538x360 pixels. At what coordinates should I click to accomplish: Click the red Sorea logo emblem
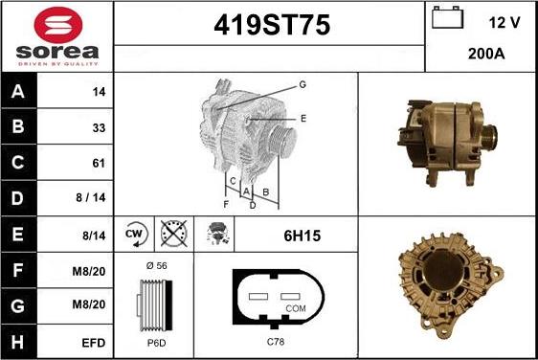tap(58, 26)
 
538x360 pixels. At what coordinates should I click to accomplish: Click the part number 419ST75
tap(272, 25)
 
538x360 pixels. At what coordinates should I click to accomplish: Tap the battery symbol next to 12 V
tap(447, 17)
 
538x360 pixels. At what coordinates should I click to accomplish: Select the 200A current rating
tap(486, 54)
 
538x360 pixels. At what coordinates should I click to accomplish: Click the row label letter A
tap(18, 91)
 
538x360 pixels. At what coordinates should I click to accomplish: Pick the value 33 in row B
tap(99, 128)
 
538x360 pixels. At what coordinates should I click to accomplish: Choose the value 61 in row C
tap(99, 163)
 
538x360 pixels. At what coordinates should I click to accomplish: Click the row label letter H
tap(18, 342)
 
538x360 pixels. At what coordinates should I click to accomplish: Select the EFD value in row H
tap(93, 343)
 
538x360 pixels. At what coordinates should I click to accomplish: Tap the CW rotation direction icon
tap(136, 234)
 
